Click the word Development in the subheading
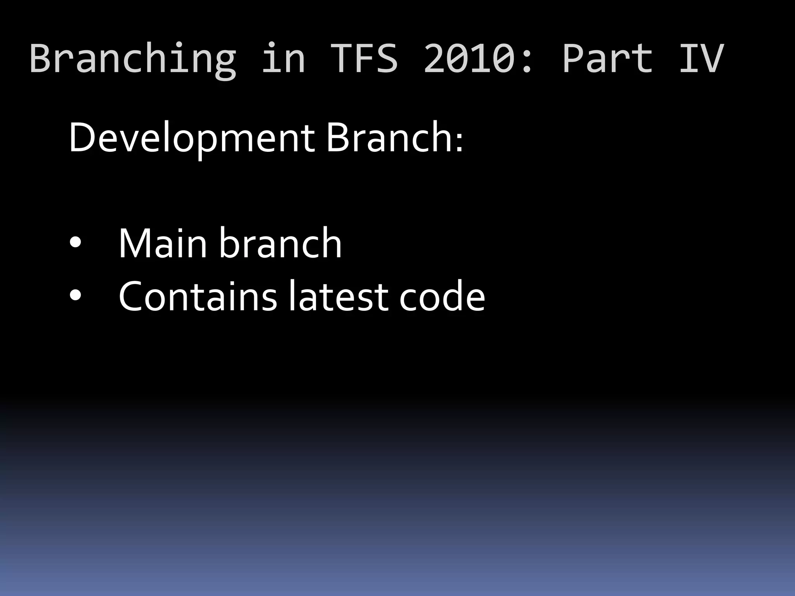[191, 138]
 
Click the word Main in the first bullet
[162, 243]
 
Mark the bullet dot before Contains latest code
[75, 296]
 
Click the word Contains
[198, 296]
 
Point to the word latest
[338, 296]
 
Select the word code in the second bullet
[442, 296]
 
